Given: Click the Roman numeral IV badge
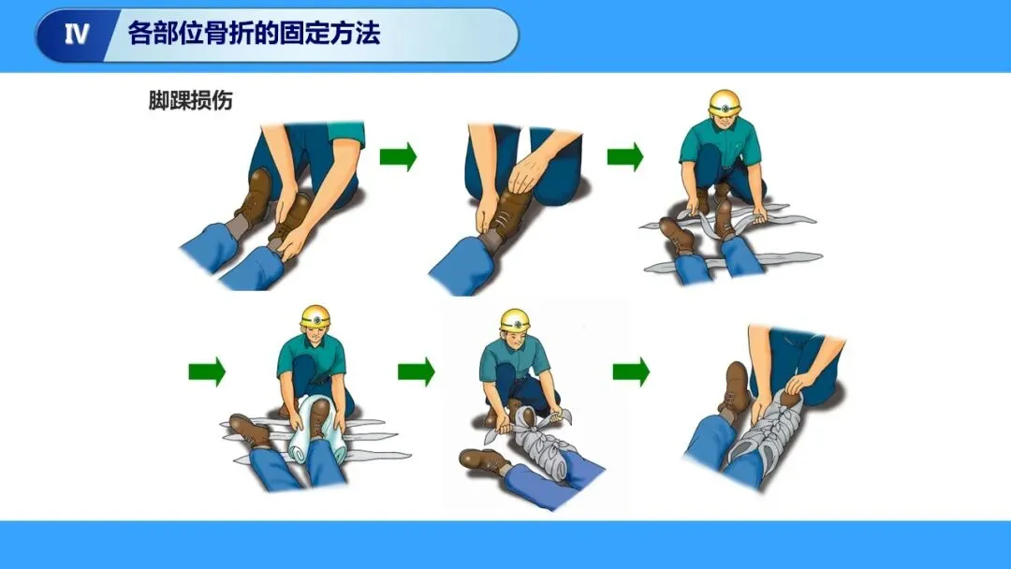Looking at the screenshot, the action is pyautogui.click(x=76, y=34).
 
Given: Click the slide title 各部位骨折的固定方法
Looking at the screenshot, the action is pyautogui.click(x=254, y=33).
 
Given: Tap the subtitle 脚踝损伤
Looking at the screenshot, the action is pyautogui.click(x=190, y=100).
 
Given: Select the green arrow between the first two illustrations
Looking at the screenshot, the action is pyautogui.click(x=398, y=156).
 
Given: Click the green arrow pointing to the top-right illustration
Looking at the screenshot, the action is pyautogui.click(x=625, y=156).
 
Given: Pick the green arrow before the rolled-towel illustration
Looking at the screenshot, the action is pyautogui.click(x=207, y=372).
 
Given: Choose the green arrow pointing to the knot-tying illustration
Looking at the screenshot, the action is pyautogui.click(x=417, y=372).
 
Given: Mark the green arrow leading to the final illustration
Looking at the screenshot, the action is pyautogui.click(x=631, y=372).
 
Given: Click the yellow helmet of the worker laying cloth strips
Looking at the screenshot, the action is pyautogui.click(x=725, y=103).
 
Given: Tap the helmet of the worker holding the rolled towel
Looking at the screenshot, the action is pyautogui.click(x=315, y=316).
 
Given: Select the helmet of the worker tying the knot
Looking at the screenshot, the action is pyautogui.click(x=515, y=321).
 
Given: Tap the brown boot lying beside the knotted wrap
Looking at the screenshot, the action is pyautogui.click(x=485, y=460).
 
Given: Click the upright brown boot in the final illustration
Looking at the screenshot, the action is pyautogui.click(x=736, y=387).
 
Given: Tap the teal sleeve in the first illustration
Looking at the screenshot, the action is pyautogui.click(x=345, y=134).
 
